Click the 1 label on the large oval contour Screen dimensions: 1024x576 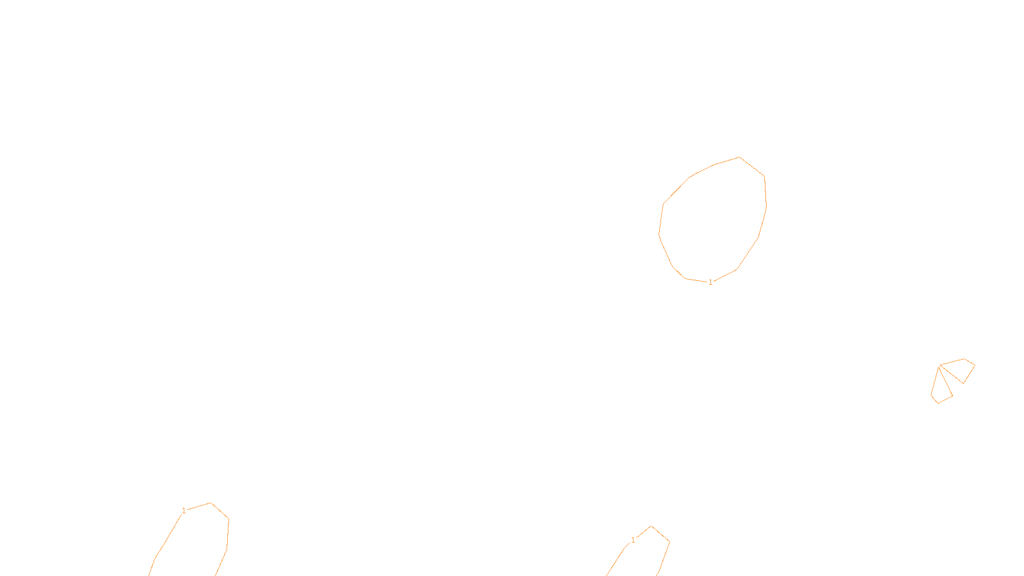[x=710, y=282]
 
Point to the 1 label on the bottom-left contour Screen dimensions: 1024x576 [x=184, y=511]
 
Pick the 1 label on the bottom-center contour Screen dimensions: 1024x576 [x=633, y=540]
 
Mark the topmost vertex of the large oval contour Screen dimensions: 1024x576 [x=739, y=157]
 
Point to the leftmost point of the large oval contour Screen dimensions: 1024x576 [x=659, y=234]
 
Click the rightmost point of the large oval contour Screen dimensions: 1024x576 [x=766, y=206]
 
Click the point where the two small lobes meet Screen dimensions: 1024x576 [x=939, y=366]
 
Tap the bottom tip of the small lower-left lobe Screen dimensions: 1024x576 [x=938, y=403]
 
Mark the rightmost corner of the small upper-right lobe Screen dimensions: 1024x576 [x=975, y=365]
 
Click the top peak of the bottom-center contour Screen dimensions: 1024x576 [x=651, y=526]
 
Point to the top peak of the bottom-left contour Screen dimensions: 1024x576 [x=211, y=503]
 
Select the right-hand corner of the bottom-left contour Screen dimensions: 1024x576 [x=228, y=519]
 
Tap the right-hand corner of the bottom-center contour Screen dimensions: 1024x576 [x=669, y=542]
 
